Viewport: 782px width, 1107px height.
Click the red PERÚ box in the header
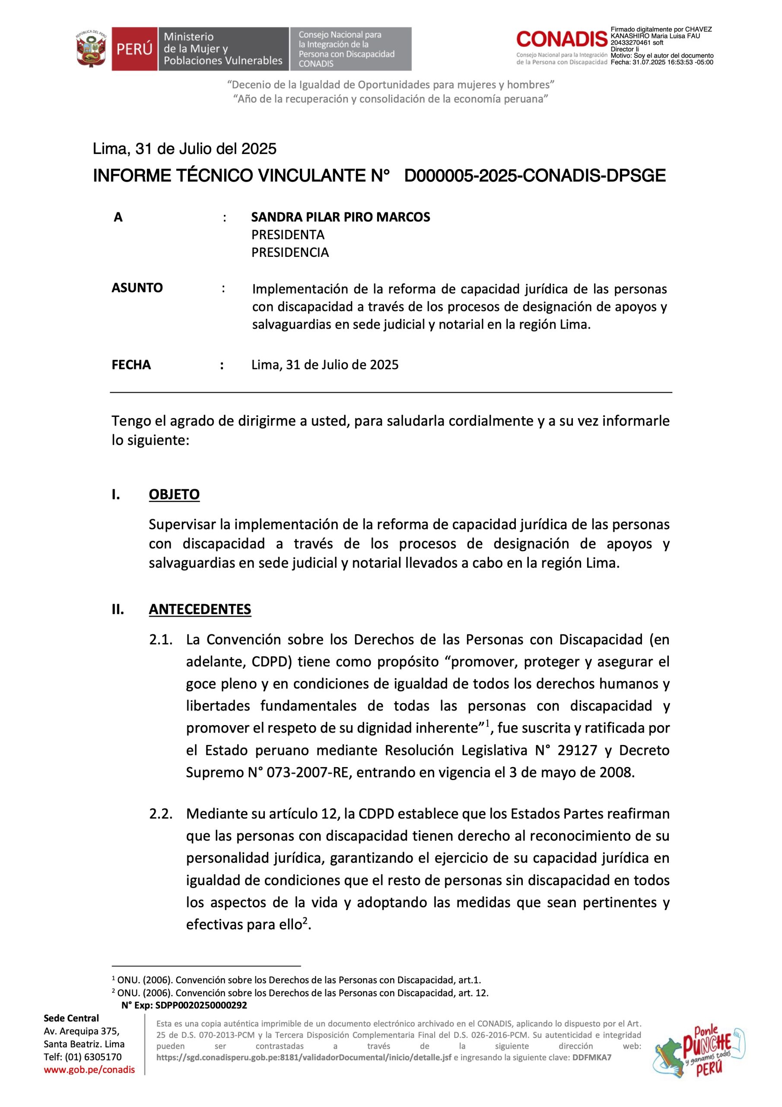(x=134, y=49)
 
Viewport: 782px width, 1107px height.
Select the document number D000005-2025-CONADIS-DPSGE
(x=534, y=176)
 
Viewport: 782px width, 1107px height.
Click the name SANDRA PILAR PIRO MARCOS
(x=340, y=217)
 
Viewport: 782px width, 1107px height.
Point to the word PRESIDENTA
(x=288, y=235)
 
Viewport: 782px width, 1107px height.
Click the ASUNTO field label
(x=137, y=288)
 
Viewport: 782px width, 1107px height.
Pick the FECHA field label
(x=131, y=365)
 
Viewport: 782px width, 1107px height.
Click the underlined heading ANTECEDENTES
(x=200, y=609)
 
